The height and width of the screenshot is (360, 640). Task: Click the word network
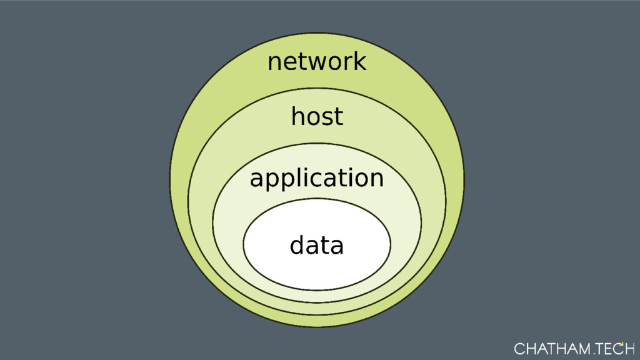[x=316, y=62]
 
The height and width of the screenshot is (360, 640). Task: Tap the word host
[x=317, y=116]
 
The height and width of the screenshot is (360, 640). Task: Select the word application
[x=316, y=179]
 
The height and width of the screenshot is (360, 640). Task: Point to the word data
[x=316, y=246]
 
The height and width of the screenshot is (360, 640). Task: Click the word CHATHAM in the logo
[x=552, y=348]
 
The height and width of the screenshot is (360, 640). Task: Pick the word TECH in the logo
[x=615, y=348]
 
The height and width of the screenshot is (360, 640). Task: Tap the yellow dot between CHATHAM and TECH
[x=594, y=352]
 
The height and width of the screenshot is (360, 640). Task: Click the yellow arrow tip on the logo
[x=622, y=343]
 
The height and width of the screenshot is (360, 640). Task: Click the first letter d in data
[x=297, y=246]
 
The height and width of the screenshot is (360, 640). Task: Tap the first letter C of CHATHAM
[x=519, y=348]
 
